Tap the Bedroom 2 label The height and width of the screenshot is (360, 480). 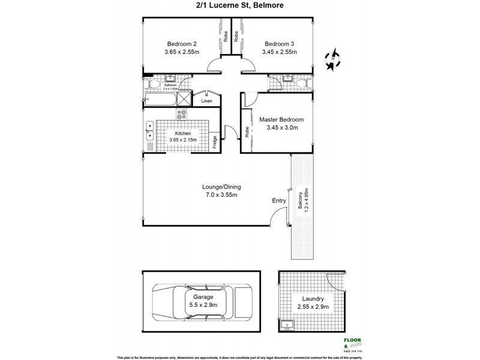[x=181, y=44]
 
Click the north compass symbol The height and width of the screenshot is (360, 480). [x=331, y=58]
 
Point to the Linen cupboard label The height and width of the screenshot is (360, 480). [x=206, y=101]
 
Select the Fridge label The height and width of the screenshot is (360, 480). [x=215, y=142]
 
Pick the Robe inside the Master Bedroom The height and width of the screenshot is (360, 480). [x=247, y=130]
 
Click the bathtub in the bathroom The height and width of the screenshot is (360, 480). [x=160, y=100]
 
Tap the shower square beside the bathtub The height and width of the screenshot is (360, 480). [x=185, y=100]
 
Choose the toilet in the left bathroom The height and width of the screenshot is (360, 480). [x=148, y=86]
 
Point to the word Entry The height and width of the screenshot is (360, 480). [x=279, y=200]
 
